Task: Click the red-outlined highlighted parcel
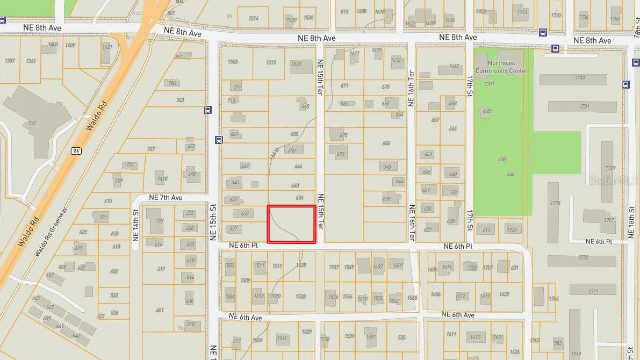(291, 224)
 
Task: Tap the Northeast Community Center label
(501, 67)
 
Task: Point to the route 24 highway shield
(76, 151)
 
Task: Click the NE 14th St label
(135, 222)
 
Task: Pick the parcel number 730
(32, 123)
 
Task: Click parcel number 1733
(579, 77)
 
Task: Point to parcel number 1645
(454, 66)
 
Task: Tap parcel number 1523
(296, 64)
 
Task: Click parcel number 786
(172, 83)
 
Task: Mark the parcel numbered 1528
(300, 297)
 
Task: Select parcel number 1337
(10, 61)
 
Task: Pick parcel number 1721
(593, 291)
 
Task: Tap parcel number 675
(343, 135)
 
